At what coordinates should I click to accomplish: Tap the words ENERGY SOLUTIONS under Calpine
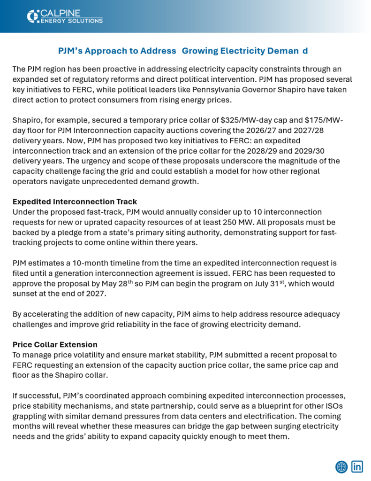(x=71, y=21)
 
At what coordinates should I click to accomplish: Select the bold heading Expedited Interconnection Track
(x=75, y=202)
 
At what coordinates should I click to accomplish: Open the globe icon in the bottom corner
(x=341, y=466)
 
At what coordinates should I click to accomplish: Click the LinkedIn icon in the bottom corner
(x=357, y=466)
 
